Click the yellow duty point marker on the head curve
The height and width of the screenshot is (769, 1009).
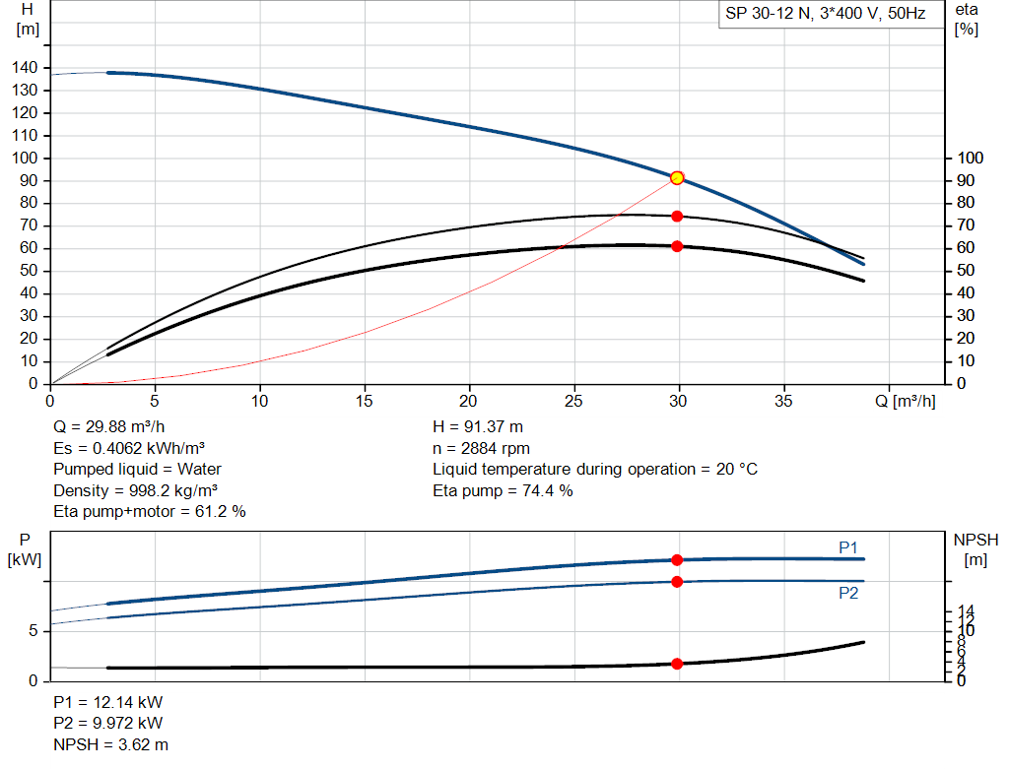point(677,178)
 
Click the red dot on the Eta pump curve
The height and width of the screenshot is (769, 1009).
point(677,217)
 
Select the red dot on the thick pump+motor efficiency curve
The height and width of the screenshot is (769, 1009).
point(677,246)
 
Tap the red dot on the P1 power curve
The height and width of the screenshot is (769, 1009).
point(677,560)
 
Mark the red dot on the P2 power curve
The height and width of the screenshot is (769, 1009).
point(677,582)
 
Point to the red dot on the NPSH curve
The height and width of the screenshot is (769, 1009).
point(677,664)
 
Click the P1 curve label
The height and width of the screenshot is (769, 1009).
point(848,547)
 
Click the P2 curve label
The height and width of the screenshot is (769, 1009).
point(848,593)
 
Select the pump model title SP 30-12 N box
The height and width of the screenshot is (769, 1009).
point(831,14)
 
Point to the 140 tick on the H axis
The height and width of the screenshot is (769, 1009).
point(25,68)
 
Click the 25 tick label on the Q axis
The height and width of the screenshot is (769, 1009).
point(573,401)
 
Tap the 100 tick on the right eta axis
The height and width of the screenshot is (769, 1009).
point(971,159)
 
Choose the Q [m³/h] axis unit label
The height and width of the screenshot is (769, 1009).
point(906,401)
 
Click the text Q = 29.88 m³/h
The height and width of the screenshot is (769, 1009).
point(109,427)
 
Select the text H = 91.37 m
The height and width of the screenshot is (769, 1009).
point(478,427)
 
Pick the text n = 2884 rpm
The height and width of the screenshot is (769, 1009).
point(481,448)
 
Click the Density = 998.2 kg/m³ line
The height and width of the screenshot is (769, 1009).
point(136,490)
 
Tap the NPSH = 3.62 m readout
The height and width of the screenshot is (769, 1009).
point(110,744)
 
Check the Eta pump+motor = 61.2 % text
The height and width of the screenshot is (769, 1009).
point(150,512)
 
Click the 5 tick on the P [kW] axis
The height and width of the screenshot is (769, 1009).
point(33,631)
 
